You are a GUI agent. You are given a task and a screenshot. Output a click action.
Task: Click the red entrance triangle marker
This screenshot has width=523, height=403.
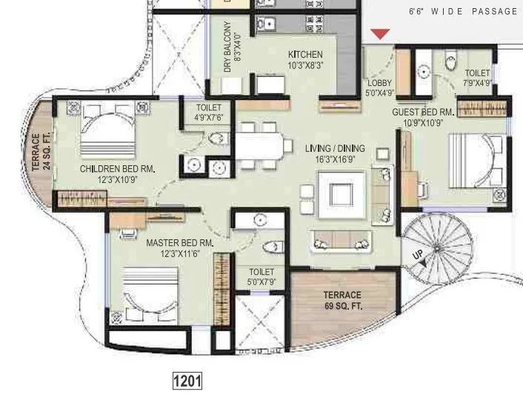pyautogui.click(x=380, y=34)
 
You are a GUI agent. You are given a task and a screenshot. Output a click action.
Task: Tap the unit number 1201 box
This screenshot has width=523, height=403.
pyautogui.click(x=187, y=382)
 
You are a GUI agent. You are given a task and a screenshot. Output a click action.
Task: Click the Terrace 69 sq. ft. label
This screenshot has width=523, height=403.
pyautogui.click(x=342, y=300)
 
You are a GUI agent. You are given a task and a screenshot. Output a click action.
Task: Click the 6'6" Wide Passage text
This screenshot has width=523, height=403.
pyautogui.click(x=464, y=11)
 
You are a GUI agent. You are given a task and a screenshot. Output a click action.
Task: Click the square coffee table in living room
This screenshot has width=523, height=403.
pyautogui.click(x=341, y=193)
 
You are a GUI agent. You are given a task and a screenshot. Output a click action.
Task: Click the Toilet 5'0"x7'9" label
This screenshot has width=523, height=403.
pyautogui.click(x=262, y=277)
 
